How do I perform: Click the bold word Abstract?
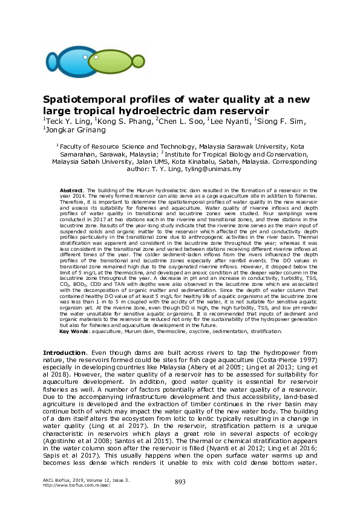[x=79, y=190]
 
